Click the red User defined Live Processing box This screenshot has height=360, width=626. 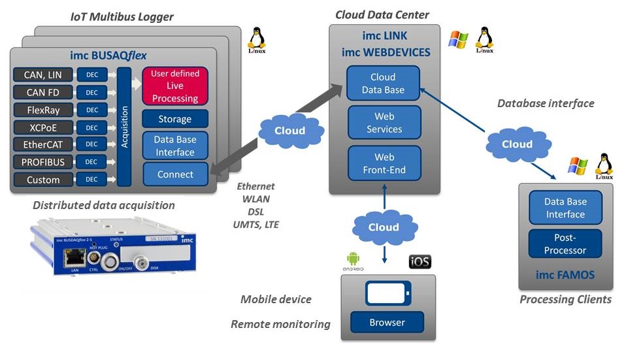tap(174, 86)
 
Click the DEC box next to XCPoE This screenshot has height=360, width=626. tap(91, 127)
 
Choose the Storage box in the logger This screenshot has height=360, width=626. tap(174, 119)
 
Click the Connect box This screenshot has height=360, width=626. tap(174, 174)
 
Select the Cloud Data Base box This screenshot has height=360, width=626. tap(383, 84)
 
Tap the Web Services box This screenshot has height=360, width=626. tap(384, 123)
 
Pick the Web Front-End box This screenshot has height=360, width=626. tap(384, 163)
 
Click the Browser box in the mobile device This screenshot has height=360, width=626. tap(387, 322)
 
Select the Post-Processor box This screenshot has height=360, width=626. tap(565, 243)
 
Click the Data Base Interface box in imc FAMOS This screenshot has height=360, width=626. tap(565, 208)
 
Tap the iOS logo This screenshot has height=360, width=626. tap(420, 263)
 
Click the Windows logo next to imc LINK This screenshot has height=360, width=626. tap(458, 39)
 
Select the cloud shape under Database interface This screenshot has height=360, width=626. tap(516, 144)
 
